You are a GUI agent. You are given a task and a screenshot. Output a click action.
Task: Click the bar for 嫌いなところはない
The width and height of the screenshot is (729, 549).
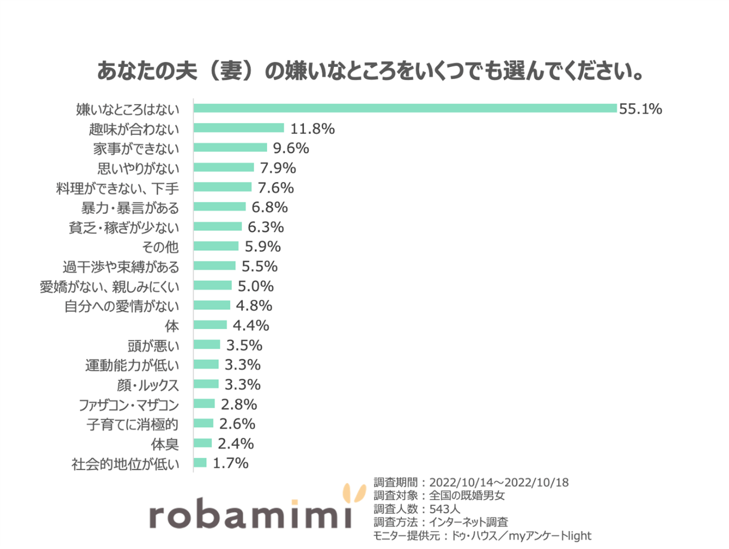pos(405,108)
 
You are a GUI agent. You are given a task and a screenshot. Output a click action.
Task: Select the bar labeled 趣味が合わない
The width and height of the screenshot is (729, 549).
pos(239,128)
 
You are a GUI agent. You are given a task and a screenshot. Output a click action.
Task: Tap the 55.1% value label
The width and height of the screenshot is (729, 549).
pos(640,109)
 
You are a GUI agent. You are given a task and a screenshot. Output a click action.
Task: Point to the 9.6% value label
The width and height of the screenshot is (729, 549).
pos(291,148)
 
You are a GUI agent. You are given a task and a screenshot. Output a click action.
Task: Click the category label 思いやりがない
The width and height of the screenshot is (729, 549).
pos(138,169)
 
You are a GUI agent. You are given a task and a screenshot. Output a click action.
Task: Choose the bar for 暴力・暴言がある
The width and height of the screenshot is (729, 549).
pos(219,207)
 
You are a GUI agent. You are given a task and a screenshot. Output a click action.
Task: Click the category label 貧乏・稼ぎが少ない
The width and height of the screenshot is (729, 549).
pos(124,228)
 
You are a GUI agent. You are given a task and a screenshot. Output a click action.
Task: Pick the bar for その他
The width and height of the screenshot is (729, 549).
pos(216,247)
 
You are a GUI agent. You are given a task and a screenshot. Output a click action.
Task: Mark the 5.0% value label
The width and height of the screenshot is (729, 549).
pos(256,286)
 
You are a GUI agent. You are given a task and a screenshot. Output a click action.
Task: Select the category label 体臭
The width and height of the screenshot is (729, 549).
pos(165,444)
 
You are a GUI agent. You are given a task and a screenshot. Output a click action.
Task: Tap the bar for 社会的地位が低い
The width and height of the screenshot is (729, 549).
pos(200,463)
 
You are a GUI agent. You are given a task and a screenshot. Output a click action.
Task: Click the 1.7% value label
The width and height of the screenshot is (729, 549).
pos(230,463)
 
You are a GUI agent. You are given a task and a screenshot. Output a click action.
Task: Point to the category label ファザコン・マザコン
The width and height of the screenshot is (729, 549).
pos(129,405)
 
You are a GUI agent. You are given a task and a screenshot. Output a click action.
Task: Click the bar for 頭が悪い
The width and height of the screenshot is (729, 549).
pos(207,345)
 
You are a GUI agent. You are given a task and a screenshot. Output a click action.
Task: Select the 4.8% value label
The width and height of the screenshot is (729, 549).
pos(254,306)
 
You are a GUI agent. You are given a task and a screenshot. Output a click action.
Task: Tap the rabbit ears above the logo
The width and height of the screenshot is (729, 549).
pos(354,493)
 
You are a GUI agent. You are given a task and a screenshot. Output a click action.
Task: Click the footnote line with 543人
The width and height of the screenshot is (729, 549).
pos(417,509)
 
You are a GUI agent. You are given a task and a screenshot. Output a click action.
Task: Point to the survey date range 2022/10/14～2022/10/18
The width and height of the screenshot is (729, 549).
pos(499,482)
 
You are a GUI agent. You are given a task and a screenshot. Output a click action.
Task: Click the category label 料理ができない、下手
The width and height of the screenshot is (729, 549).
pos(118,188)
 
